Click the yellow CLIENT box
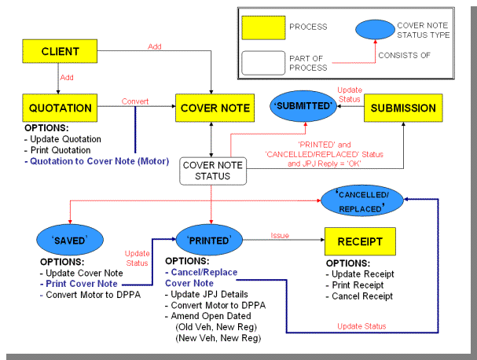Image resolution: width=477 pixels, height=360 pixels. coord(60,52)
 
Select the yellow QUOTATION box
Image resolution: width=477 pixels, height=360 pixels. coord(60,108)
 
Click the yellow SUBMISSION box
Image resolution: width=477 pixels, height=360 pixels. coord(403,108)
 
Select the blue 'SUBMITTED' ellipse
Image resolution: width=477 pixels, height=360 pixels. coord(304,106)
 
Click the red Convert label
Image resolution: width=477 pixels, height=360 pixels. coord(135,101)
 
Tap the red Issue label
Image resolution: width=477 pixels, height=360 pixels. coord(281,234)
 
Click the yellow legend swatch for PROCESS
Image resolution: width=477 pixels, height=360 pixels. coord(266,27)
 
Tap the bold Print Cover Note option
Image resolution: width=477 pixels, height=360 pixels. coord(82,283)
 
